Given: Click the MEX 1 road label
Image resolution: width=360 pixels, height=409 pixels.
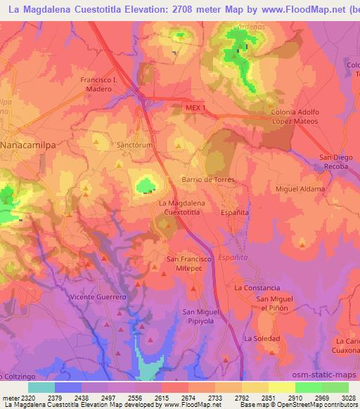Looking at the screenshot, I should pos(196,108).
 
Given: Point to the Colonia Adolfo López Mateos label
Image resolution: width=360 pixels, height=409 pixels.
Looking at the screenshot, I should pos(295,117).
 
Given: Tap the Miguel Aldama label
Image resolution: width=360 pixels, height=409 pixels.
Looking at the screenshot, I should pos(300,190).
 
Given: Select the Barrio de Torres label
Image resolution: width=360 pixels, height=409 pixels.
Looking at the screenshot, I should pos(208,179).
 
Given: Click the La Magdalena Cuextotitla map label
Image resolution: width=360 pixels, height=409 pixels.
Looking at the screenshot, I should pos(179,207).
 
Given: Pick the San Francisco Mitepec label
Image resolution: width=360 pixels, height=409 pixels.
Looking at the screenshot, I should pos(188,264).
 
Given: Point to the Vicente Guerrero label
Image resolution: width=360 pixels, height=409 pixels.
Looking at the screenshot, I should pos(97,297).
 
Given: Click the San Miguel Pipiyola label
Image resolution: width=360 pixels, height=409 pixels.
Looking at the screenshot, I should pos(201,316).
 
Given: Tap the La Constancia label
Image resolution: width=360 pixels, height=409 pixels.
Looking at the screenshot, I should pos(257,288).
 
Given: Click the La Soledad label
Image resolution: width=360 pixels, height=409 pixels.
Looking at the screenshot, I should pos(262,339).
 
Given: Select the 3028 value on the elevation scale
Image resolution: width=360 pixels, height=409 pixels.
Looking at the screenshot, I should pos(348,398).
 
